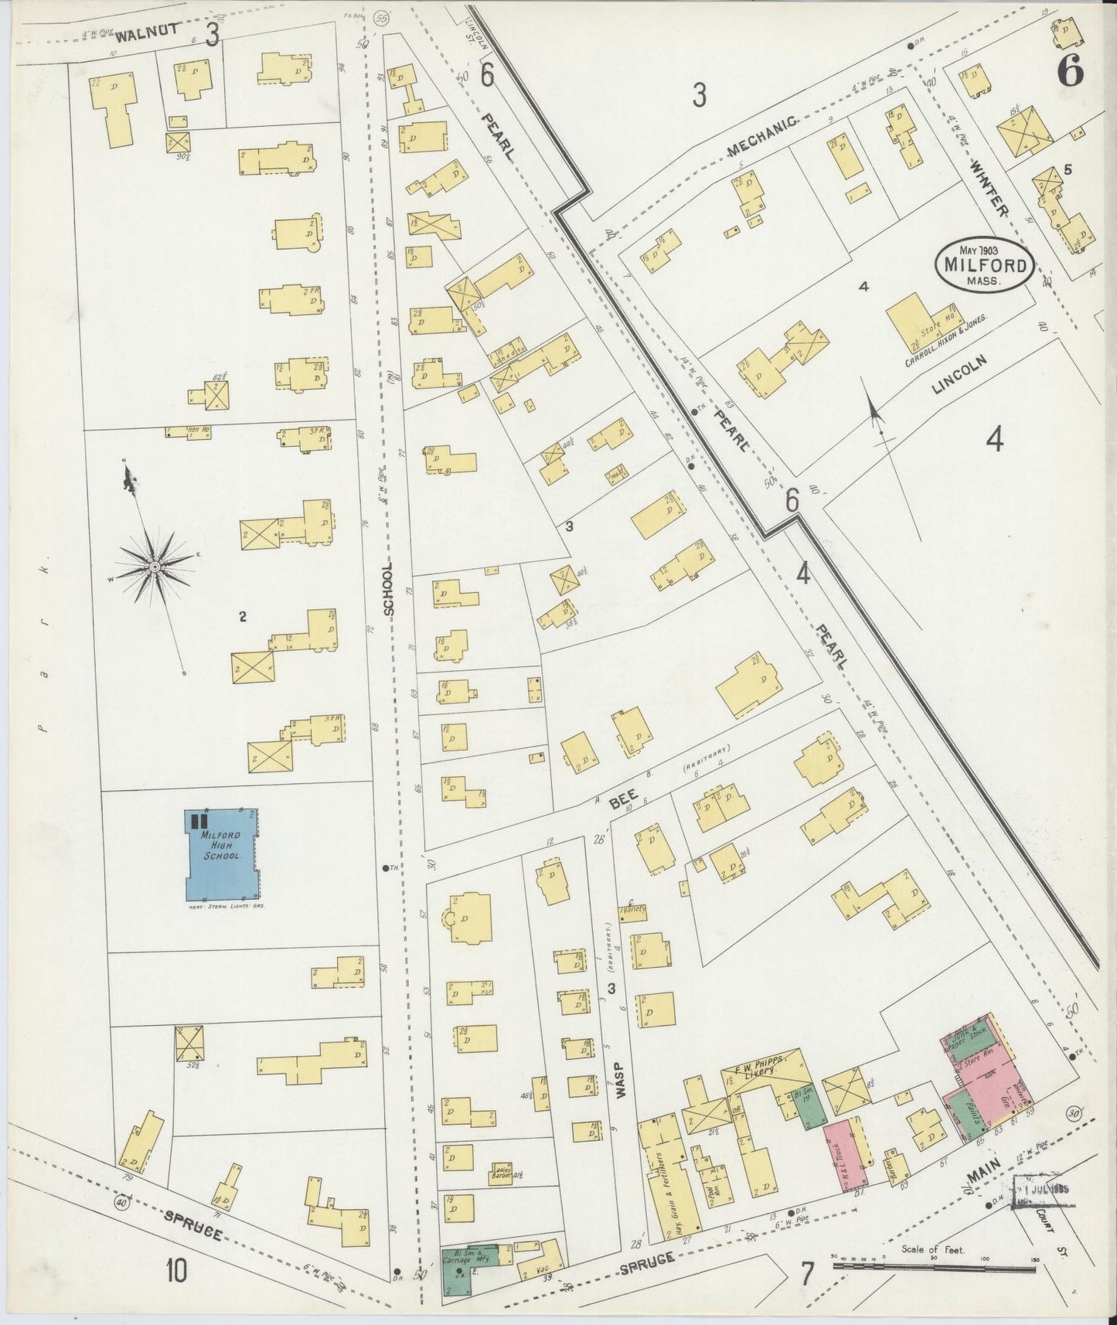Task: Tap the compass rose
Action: click(155, 567)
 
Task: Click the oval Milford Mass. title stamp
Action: click(984, 265)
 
